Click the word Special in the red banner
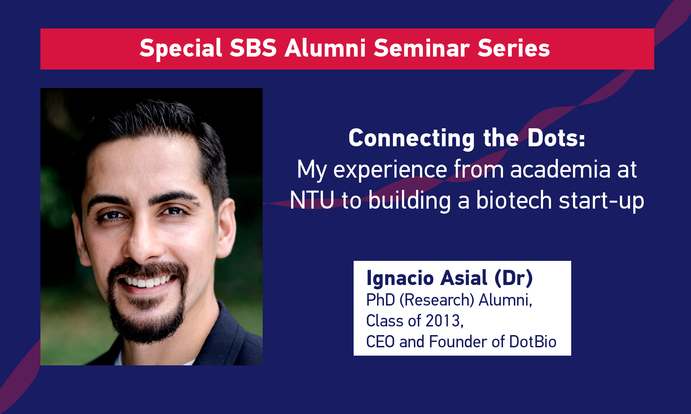181,49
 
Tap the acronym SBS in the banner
253,48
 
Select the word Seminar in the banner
421,48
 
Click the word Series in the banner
514,48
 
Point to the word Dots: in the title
556,138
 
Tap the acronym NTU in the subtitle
312,200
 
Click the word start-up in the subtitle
602,201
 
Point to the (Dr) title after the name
513,278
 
